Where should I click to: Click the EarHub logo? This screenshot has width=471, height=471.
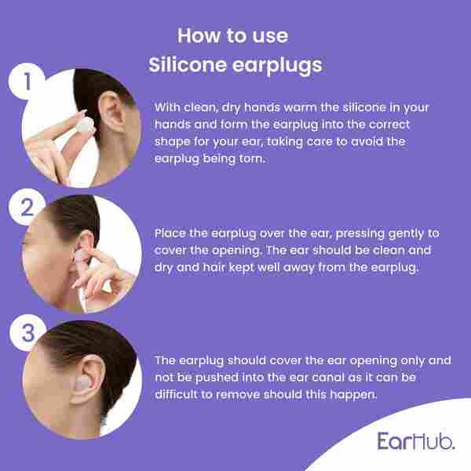pos(414,440)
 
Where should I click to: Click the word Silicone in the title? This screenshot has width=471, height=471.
pos(188,65)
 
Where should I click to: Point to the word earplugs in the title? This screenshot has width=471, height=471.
pos(276,65)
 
